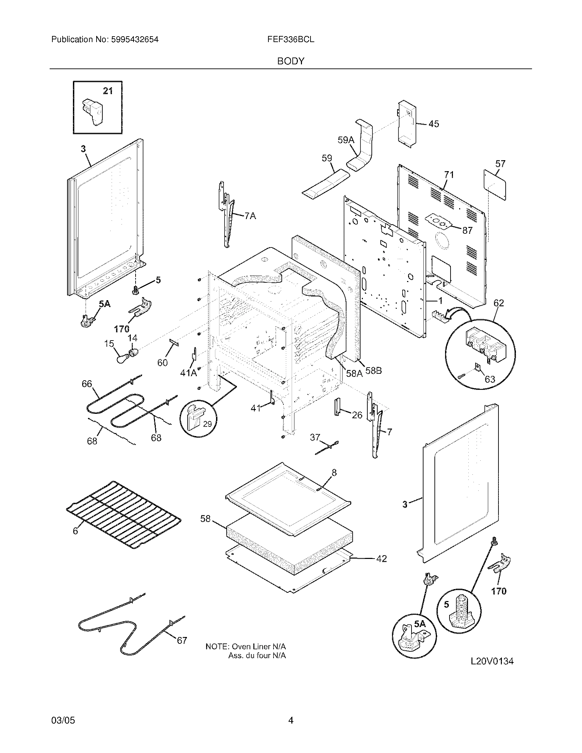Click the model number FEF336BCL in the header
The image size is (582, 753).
tap(291, 39)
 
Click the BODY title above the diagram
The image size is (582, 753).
tap(291, 61)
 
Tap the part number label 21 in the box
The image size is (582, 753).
tap(108, 91)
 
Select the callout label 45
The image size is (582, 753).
tap(434, 124)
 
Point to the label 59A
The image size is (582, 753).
tap(346, 140)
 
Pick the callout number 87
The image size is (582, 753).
tap(467, 231)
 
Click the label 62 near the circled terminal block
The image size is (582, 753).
tap(498, 303)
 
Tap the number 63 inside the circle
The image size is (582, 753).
tap(490, 379)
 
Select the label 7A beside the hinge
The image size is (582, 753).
tap(250, 216)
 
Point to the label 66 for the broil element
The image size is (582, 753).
tap(87, 384)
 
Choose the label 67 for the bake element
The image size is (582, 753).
tap(182, 641)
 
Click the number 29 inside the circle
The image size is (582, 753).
tap(207, 424)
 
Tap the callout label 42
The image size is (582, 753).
tap(381, 559)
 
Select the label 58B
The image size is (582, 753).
tap(374, 371)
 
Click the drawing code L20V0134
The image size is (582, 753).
tap(492, 661)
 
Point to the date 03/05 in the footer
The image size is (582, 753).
tap(63, 711)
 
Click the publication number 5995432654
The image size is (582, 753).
tap(135, 39)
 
